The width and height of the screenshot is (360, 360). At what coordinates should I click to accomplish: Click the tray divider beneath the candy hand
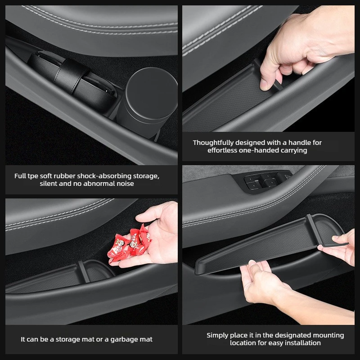[83, 272]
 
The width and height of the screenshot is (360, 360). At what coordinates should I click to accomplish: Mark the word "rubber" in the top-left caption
[65, 176]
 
